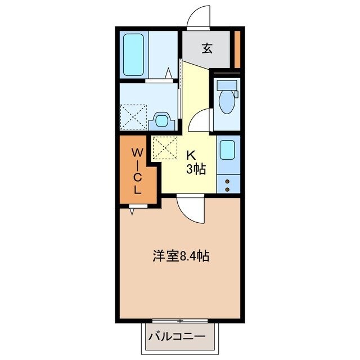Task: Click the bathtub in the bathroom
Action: click(x=133, y=55)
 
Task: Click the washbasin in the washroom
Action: click(x=162, y=120)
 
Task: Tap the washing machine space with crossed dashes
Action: click(x=133, y=116)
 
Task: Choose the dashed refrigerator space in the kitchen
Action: click(x=165, y=148)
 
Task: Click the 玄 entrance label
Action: click(x=207, y=49)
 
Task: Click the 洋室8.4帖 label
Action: click(x=181, y=256)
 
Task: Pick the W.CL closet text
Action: click(x=137, y=170)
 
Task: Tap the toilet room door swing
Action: click(x=200, y=120)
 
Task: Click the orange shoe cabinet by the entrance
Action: click(x=238, y=49)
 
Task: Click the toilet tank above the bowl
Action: click(x=228, y=85)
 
